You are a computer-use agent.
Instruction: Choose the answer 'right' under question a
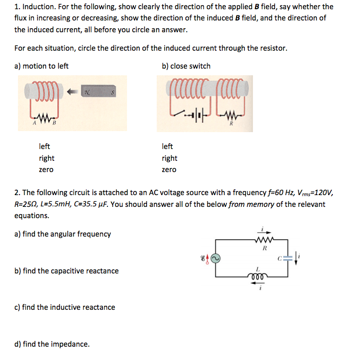(x=47, y=158)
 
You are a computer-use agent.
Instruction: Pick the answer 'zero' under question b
(x=168, y=170)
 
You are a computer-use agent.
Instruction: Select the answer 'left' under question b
(x=167, y=146)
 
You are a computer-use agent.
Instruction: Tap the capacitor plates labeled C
(x=288, y=259)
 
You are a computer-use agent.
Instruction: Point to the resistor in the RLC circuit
(x=265, y=240)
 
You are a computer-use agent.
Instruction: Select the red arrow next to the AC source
(x=207, y=259)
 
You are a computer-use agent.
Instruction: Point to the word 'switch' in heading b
(x=200, y=66)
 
